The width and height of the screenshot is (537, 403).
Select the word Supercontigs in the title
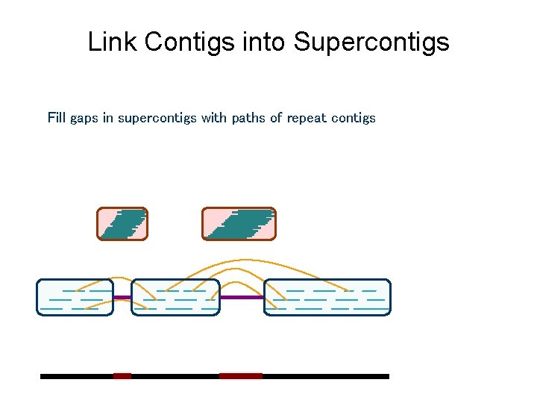(371, 43)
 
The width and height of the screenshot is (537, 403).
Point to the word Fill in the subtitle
(57, 118)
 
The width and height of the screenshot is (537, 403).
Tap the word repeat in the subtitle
(306, 119)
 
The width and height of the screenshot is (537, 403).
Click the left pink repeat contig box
(122, 224)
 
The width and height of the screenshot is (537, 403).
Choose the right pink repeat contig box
(239, 224)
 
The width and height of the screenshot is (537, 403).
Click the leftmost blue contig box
(75, 297)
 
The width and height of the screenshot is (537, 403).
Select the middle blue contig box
(175, 297)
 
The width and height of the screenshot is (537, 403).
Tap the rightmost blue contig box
(327, 297)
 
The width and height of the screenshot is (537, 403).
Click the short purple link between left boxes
(122, 298)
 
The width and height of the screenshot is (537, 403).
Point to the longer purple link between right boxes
(242, 297)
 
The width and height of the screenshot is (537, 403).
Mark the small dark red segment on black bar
(122, 376)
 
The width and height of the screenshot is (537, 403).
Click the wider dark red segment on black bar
(241, 376)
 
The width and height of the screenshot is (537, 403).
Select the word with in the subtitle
(214, 118)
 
